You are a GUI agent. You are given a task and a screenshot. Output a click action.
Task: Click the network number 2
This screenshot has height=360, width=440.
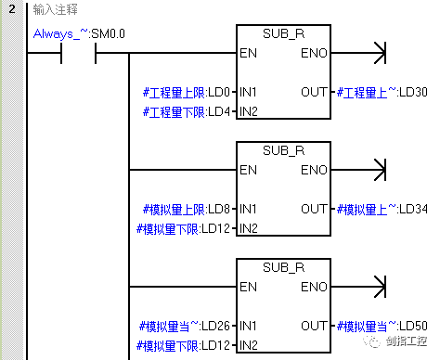[x=10, y=9]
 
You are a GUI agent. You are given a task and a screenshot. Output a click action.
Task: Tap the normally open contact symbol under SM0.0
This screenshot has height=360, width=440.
[x=78, y=53]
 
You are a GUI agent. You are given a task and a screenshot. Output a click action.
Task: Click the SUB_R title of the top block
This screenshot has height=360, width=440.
[x=283, y=33]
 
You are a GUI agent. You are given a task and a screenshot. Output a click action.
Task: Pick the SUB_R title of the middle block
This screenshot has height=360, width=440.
[x=283, y=149]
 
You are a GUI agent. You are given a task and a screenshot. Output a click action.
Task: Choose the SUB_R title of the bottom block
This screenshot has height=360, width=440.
[x=283, y=266]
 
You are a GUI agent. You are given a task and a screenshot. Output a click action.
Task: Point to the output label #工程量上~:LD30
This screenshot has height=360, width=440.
[x=382, y=93]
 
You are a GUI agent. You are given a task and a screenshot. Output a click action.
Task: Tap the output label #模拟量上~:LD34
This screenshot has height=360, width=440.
[x=382, y=210]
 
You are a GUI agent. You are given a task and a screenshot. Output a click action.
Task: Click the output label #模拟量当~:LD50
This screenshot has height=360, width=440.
[x=382, y=327]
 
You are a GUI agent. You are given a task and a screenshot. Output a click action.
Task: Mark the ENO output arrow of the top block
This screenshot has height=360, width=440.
[x=377, y=54]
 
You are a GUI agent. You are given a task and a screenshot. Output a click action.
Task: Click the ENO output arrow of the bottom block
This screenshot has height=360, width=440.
[x=377, y=287]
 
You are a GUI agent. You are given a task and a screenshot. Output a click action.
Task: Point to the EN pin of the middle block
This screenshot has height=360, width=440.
[x=248, y=170]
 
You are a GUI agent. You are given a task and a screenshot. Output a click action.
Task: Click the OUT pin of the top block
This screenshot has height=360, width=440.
[x=314, y=93]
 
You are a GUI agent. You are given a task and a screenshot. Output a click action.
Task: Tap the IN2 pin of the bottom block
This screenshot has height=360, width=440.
[x=249, y=345]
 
